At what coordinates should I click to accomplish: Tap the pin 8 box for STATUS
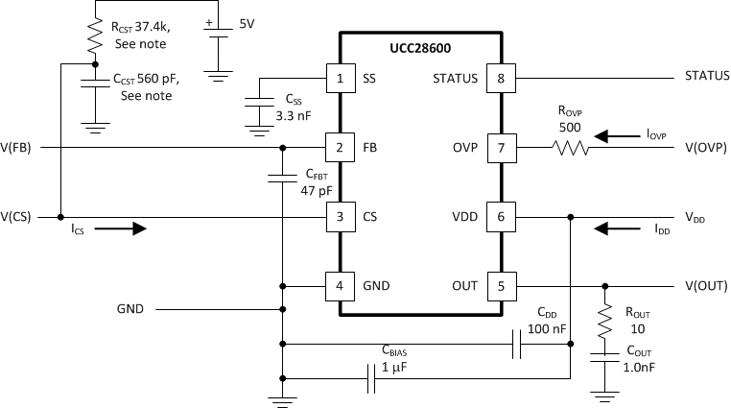click(x=500, y=78)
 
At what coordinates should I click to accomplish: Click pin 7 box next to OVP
click(x=500, y=149)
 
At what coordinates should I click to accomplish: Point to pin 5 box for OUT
click(x=500, y=286)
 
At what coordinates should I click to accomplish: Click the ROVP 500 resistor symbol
click(x=572, y=149)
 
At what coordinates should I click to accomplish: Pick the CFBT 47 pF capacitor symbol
click(x=283, y=178)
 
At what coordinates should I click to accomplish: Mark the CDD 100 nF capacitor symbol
click(x=515, y=345)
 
